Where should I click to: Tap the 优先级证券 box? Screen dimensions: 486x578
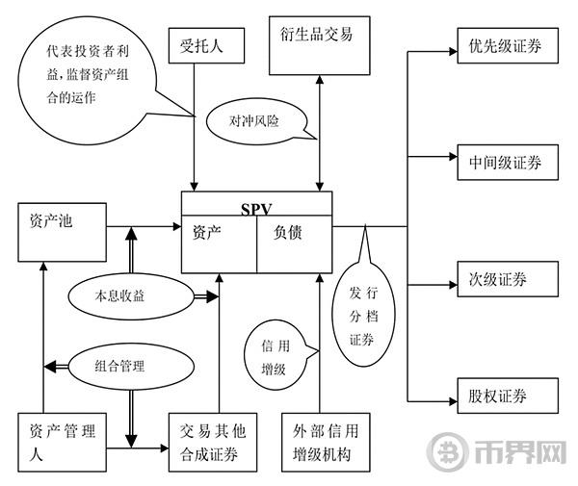(x=504, y=46)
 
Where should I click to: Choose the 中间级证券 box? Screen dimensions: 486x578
(x=504, y=161)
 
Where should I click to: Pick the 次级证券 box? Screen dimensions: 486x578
(x=504, y=279)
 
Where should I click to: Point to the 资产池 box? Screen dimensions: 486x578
(x=60, y=237)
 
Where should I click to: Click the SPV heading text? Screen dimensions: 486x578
(x=257, y=206)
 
